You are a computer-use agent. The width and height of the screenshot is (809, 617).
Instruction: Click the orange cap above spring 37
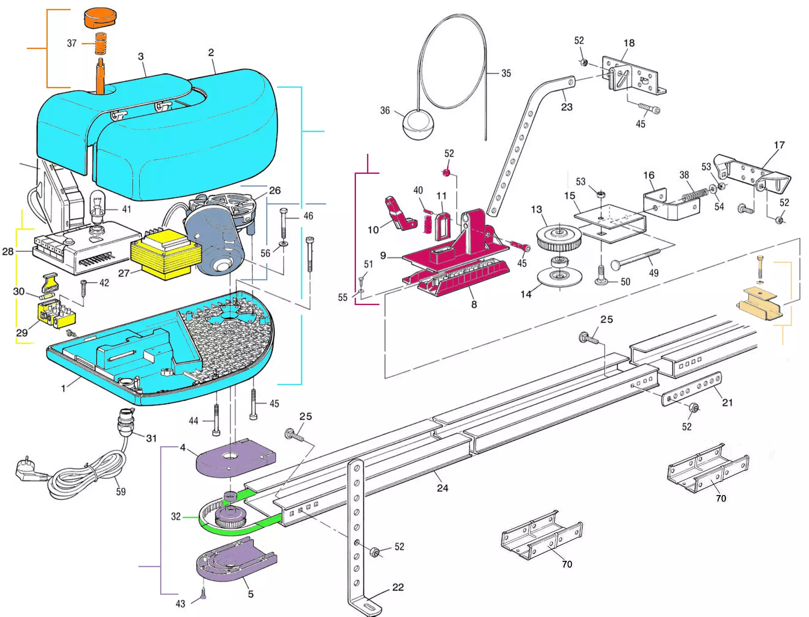click(100, 18)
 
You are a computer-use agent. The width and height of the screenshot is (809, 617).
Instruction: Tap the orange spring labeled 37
click(100, 43)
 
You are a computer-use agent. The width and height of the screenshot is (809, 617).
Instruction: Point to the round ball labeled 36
click(419, 124)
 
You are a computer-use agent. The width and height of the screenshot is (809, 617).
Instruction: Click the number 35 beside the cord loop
click(506, 73)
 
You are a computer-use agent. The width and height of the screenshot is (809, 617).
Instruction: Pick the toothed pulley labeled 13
click(559, 238)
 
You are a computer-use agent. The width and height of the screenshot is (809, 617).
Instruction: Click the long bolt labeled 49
click(635, 259)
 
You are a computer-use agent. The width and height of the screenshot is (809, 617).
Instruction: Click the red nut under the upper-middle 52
click(446, 173)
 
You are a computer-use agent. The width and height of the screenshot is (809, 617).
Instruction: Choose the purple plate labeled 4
click(235, 458)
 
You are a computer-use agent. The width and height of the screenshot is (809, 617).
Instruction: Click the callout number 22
click(398, 587)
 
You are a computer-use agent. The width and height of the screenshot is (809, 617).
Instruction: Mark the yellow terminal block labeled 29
click(56, 314)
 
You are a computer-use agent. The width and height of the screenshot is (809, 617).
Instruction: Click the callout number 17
click(779, 145)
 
